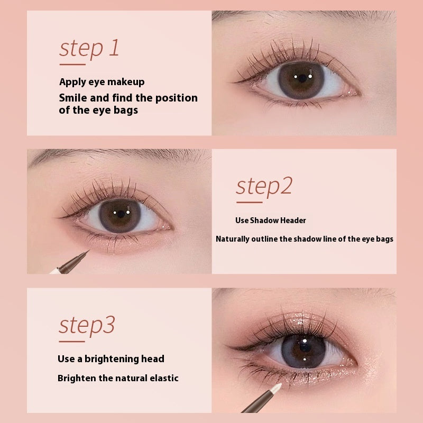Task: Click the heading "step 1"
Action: [89, 49]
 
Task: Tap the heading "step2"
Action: [264, 187]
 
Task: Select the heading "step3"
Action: [87, 326]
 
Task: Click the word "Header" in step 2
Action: [293, 220]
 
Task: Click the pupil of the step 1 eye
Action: [302, 78]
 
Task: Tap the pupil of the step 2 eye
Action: [121, 214]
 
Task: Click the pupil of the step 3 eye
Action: [305, 347]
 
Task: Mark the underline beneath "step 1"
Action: [72, 65]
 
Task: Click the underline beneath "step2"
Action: [249, 202]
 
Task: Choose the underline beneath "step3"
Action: [72, 341]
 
